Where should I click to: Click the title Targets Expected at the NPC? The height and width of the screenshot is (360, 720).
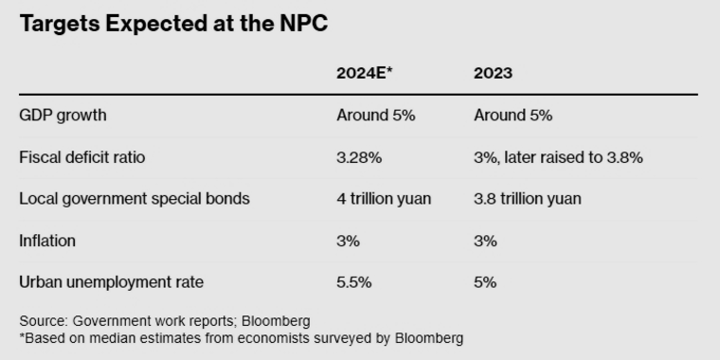(173, 25)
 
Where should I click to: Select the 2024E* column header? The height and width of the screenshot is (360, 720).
(366, 74)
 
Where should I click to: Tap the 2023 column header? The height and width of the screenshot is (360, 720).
(494, 74)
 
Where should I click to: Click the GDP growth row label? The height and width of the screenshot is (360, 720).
(63, 116)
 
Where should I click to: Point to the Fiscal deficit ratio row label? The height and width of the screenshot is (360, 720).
(82, 157)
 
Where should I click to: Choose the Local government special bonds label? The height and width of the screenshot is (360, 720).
(134, 199)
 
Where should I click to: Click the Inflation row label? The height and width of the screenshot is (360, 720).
(46, 241)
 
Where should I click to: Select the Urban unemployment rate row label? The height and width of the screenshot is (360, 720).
(111, 282)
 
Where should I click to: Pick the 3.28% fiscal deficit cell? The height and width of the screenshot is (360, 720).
(359, 157)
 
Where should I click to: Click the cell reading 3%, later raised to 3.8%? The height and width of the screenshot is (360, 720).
(558, 157)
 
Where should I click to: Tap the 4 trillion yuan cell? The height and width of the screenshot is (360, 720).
(384, 199)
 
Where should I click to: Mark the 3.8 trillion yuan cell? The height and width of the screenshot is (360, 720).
(528, 199)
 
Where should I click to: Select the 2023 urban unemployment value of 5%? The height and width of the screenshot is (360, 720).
(485, 282)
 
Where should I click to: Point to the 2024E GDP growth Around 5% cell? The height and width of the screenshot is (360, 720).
(376, 116)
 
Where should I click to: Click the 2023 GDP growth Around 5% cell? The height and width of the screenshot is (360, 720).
(513, 116)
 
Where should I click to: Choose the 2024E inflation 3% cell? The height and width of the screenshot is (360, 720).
(348, 241)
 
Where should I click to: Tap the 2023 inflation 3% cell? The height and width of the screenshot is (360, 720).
(485, 241)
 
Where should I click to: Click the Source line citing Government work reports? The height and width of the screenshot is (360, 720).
(165, 321)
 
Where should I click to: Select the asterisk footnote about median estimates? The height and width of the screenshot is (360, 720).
(242, 337)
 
